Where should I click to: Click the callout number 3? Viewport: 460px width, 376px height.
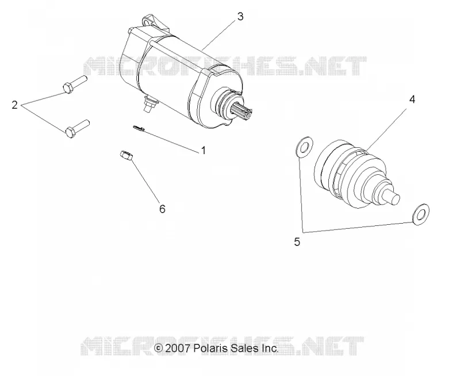click(240, 17)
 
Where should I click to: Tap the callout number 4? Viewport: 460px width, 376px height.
click(412, 99)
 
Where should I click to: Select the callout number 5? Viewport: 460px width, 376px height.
click(297, 242)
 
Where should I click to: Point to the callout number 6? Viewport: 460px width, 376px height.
click(162, 209)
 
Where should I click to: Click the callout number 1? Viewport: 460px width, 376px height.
click(204, 151)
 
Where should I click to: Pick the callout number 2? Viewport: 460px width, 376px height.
click(15, 105)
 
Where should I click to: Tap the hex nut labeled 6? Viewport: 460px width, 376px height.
click(126, 155)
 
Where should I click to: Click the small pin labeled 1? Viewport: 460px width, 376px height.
click(139, 128)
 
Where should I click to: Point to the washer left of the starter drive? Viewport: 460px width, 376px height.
click(304, 147)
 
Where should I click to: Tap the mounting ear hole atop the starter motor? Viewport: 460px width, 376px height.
click(148, 22)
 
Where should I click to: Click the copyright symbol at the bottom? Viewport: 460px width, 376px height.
click(158, 348)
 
